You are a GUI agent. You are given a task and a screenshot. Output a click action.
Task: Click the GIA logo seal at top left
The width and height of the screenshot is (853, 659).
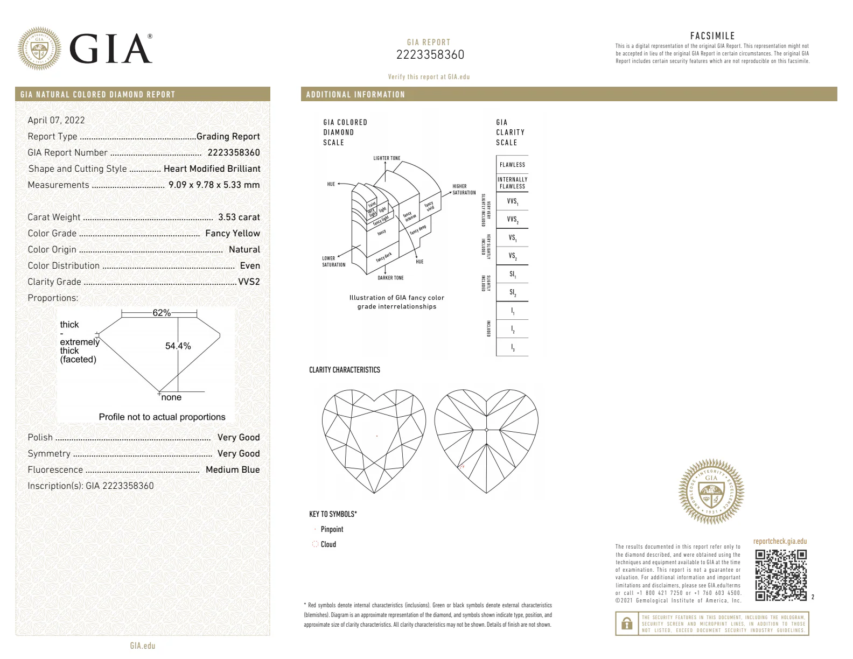coord(39,49)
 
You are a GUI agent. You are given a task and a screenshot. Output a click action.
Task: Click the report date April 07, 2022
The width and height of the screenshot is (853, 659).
coord(56,120)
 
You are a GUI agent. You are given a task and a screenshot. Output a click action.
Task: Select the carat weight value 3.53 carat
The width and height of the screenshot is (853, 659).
coord(239,217)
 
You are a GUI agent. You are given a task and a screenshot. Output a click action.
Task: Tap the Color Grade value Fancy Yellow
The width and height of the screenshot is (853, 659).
coord(233,233)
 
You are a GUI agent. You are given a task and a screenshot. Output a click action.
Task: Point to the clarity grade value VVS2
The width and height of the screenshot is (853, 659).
coord(249,282)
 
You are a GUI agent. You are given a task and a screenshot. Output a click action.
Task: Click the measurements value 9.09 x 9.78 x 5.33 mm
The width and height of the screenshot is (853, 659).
coord(214,185)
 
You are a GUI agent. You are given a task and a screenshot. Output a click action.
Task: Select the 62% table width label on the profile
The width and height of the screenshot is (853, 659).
coord(161,313)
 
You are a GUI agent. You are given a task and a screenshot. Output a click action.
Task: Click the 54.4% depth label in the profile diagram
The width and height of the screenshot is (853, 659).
coord(178,346)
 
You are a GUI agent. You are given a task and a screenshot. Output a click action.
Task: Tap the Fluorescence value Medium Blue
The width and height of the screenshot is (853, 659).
coord(233,469)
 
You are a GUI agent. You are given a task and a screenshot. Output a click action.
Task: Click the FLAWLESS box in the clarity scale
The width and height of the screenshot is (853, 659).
coord(512,165)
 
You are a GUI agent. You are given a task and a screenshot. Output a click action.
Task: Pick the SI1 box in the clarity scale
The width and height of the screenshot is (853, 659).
coord(512,274)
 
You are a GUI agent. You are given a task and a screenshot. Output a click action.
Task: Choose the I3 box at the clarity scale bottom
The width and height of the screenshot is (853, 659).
coord(512,348)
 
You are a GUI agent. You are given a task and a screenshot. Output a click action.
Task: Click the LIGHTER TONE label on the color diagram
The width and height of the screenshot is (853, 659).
coord(387,158)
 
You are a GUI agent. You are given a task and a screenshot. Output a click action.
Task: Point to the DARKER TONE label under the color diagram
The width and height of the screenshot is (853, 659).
coord(390,278)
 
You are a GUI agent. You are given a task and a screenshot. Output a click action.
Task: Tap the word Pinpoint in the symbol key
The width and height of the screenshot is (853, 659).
coord(332,529)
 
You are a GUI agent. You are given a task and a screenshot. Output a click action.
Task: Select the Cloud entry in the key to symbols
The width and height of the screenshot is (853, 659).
coord(328,544)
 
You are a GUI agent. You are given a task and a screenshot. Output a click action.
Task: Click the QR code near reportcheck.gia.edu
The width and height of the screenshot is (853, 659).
coord(780,574)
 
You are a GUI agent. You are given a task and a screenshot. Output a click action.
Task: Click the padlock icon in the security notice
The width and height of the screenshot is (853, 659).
coord(627,623)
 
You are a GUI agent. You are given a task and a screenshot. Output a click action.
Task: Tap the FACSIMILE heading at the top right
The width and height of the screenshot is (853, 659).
coord(712,36)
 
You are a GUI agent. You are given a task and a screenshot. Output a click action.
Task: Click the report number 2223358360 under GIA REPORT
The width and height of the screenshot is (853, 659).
coord(430,55)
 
